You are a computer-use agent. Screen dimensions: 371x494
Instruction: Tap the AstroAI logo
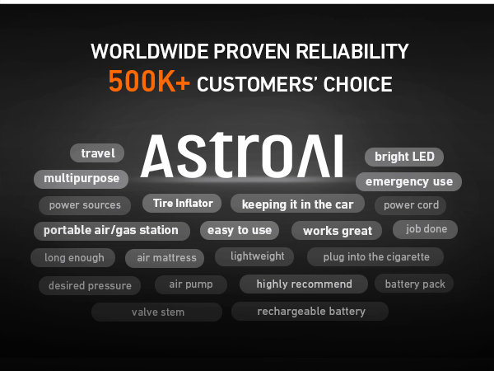coord(241,157)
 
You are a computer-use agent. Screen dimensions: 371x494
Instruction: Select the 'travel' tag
coord(97,153)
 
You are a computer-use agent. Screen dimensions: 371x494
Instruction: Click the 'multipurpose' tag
coord(82,178)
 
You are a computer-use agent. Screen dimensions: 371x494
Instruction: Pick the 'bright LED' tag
coord(403,157)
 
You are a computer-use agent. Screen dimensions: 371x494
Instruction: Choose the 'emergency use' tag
coord(408,181)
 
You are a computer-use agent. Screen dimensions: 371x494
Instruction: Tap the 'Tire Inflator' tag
coord(183,203)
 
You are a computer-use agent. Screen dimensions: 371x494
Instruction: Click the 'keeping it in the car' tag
coord(297,204)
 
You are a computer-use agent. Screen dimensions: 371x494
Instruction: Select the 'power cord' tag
coord(411,205)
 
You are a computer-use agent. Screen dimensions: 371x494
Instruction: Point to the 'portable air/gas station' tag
coord(111,230)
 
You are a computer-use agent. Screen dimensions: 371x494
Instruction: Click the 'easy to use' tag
coord(239,230)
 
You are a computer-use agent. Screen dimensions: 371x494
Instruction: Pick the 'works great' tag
coord(338,231)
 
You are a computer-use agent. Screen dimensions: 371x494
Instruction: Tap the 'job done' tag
coord(426,229)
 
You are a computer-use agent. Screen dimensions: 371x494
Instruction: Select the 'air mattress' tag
coord(166,258)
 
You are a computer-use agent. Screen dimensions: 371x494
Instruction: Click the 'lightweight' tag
coord(258,256)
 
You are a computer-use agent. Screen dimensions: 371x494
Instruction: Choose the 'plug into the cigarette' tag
coord(376,257)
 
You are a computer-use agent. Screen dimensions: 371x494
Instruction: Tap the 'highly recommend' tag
coord(304,284)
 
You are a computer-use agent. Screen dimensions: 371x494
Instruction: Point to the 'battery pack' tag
coord(415,284)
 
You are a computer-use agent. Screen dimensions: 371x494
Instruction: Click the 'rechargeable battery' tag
coord(311,312)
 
